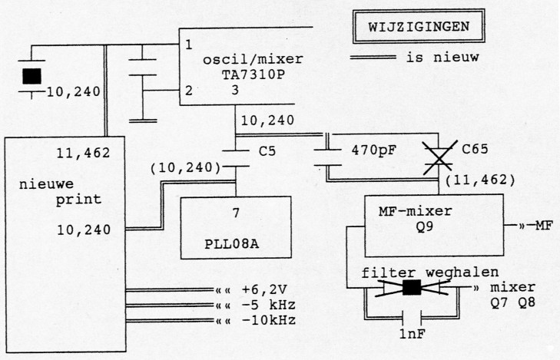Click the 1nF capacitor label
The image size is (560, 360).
(414, 335)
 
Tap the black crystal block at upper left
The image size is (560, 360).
(32, 76)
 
